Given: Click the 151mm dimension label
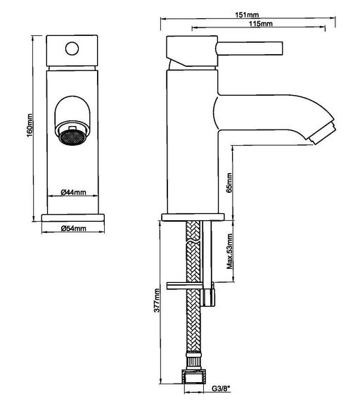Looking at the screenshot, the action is pyautogui.click(x=247, y=15).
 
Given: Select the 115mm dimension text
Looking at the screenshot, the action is pyautogui.click(x=261, y=24).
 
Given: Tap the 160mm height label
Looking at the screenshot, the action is pyautogui.click(x=30, y=125).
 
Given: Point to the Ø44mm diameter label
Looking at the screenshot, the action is pyautogui.click(x=73, y=192).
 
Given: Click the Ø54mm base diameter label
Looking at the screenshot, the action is pyautogui.click(x=73, y=228).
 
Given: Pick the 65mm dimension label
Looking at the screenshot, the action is pyautogui.click(x=229, y=182).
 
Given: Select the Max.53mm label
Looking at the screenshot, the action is pyautogui.click(x=229, y=251).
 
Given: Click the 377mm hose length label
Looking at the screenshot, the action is pyautogui.click(x=157, y=300).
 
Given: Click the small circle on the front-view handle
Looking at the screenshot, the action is pyautogui.click(x=72, y=49).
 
